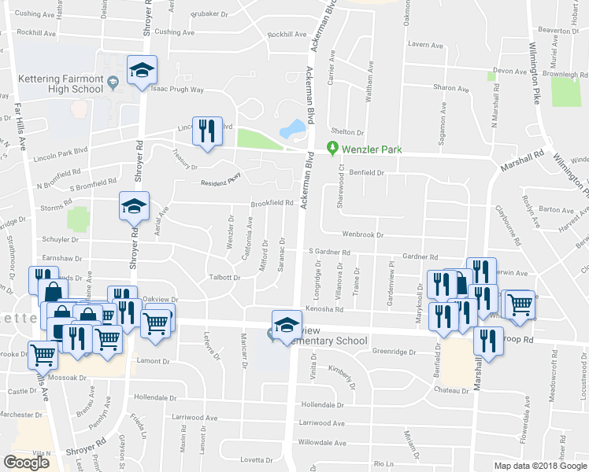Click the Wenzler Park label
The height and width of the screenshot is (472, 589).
[369, 147]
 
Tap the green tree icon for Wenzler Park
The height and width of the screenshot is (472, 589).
[332, 147]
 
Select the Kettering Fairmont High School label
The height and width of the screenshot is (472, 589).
[59, 83]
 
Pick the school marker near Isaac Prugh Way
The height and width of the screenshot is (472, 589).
[142, 70]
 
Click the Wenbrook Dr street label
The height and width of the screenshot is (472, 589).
[362, 234]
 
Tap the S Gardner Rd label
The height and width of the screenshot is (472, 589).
[328, 252]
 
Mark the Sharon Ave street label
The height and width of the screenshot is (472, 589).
[450, 87]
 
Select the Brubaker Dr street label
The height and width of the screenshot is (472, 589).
[217, 14]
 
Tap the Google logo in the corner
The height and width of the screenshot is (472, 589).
[27, 463]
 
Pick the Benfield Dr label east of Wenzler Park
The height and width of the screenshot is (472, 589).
[365, 171]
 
